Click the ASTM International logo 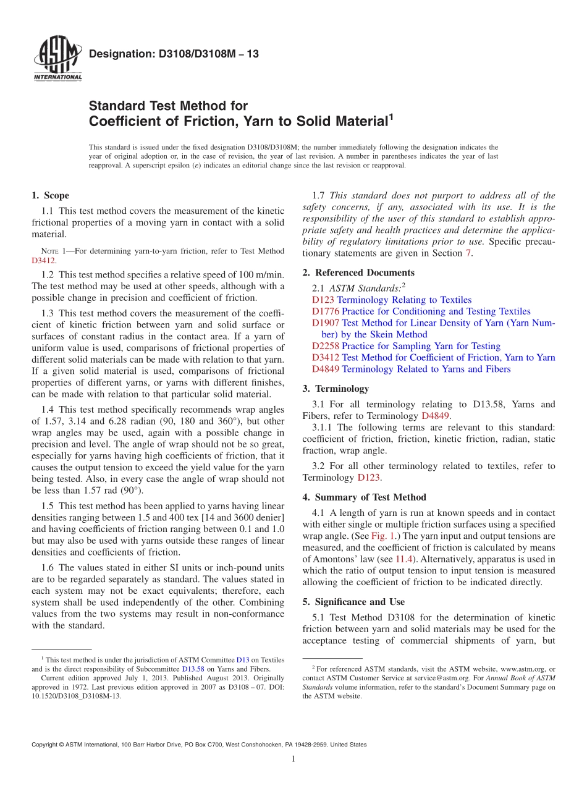(x=57, y=59)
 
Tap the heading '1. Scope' (x=50, y=195)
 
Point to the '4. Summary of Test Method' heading (x=365, y=497)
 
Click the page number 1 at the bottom (x=293, y=759)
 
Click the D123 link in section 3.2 (x=369, y=478)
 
